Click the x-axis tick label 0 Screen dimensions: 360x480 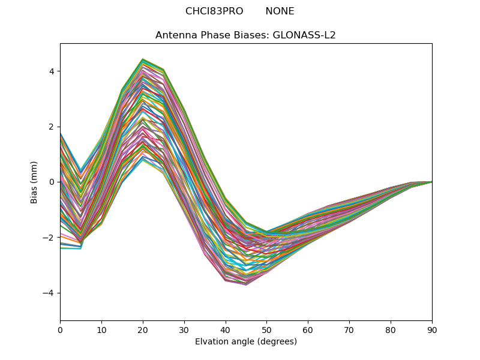tap(60, 329)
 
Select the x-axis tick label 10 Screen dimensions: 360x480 tap(101, 329)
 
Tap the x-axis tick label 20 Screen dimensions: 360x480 tap(143, 329)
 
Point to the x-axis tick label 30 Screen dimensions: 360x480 tap(184, 329)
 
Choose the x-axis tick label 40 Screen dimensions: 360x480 tap(226, 329)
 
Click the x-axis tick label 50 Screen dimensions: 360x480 tap(266, 329)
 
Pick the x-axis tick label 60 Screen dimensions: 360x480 tap(308, 329)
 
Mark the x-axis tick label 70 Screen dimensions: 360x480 tap(349, 329)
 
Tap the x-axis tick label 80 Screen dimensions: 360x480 tap(391, 329)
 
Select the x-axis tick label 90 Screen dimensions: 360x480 tap(432, 329)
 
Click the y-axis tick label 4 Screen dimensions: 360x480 tap(52, 71)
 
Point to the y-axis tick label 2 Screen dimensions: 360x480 tap(52, 127)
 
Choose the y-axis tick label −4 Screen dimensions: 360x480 tap(49, 293)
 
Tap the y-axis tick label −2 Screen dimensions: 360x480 tap(49, 238)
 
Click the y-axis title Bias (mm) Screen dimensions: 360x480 tap(35, 182)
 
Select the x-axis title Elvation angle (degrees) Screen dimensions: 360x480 tap(246, 342)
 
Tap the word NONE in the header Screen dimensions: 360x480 tap(280, 11)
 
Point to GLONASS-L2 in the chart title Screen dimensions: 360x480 tap(304, 35)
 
